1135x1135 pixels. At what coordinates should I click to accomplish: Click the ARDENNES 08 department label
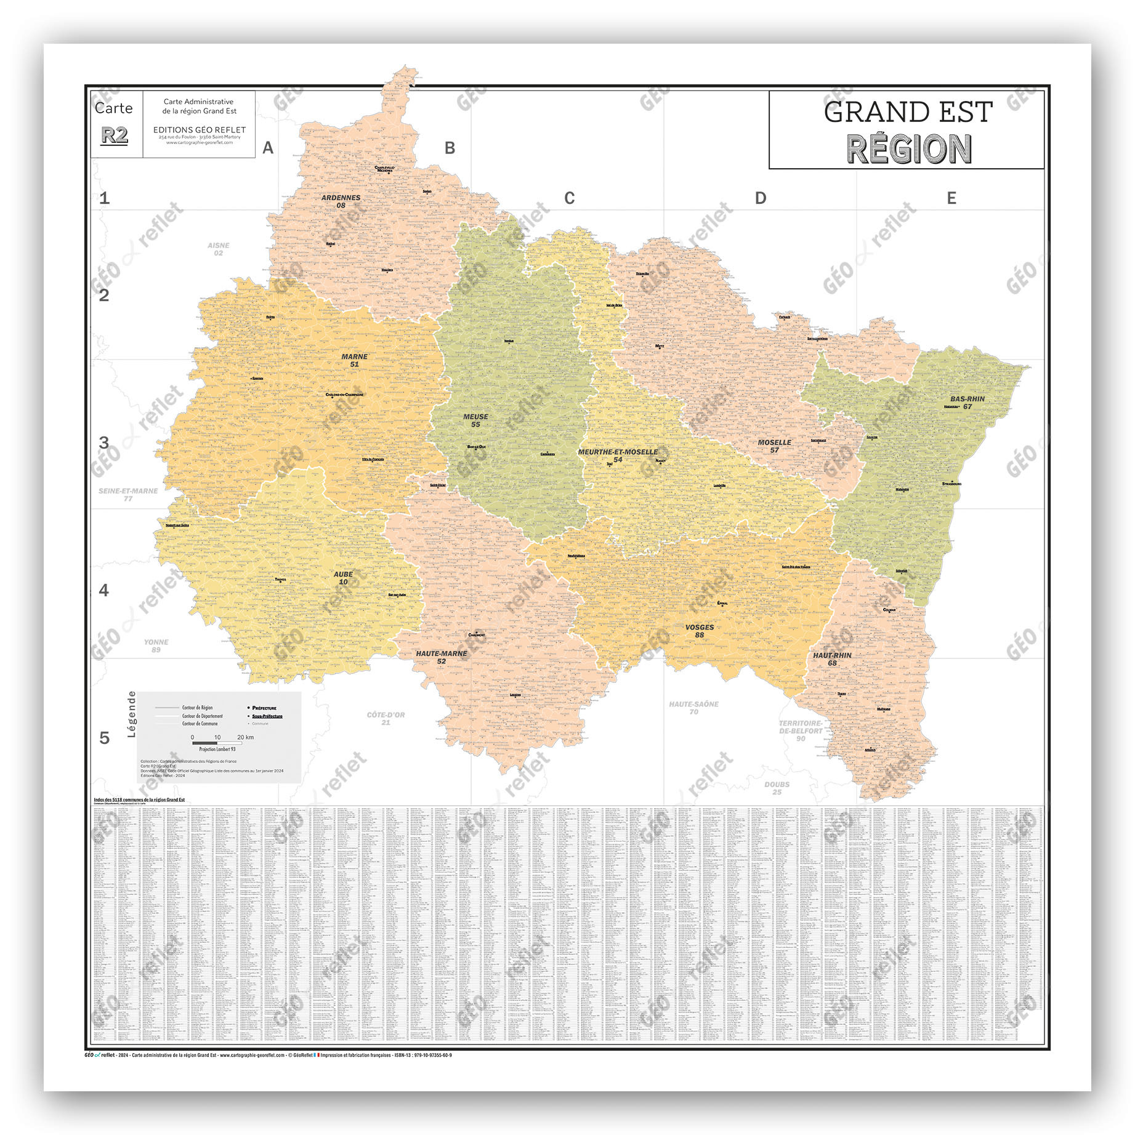(x=341, y=201)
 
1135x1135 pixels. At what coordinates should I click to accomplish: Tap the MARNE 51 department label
(x=354, y=360)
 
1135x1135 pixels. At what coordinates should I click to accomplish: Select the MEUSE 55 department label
(x=475, y=421)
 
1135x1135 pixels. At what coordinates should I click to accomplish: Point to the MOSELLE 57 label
(x=774, y=446)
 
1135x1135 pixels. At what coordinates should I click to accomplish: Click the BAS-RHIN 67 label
(x=967, y=402)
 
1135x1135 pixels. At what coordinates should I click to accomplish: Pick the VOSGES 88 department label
(x=700, y=631)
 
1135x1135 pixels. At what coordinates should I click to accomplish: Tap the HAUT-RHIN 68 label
(x=832, y=659)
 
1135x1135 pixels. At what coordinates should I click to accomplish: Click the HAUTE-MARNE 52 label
(x=442, y=657)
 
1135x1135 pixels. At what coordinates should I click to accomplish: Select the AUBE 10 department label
(x=343, y=578)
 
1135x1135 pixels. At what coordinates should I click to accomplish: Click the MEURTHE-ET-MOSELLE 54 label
(x=618, y=455)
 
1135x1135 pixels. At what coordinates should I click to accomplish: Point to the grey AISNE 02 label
(x=218, y=249)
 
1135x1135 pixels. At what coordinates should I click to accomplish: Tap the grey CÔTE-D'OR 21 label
(x=386, y=718)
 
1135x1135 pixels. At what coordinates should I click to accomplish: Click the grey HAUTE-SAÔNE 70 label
(x=693, y=708)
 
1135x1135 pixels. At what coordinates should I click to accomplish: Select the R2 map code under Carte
(x=115, y=135)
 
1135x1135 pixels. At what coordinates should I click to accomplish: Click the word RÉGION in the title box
(x=908, y=149)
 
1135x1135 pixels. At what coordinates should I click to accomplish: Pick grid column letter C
(x=569, y=198)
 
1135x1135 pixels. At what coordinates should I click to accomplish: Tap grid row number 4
(x=104, y=590)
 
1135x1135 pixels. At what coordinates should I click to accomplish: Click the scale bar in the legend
(x=216, y=743)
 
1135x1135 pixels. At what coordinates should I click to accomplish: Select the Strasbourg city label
(x=951, y=483)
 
